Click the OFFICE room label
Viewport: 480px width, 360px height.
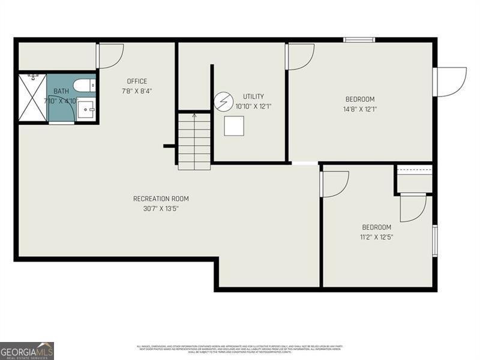[137, 82]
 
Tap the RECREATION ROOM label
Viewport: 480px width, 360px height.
[161, 199]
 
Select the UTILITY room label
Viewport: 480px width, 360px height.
[253, 97]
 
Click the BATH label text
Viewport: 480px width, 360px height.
[61, 91]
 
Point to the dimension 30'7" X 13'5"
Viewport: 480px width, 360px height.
[161, 209]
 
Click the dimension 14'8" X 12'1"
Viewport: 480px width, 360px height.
[360, 109]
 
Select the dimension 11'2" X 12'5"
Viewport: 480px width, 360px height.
[376, 237]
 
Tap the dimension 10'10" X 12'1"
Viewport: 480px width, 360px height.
[253, 106]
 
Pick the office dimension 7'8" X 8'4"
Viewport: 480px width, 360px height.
[137, 91]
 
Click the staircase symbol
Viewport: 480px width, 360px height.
[194, 141]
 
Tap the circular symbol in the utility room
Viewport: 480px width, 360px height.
[222, 101]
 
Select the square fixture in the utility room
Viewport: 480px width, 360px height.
[234, 126]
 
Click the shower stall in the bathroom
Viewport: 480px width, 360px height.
[32, 97]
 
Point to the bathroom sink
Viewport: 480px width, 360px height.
[86, 110]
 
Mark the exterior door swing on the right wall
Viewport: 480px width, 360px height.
[450, 82]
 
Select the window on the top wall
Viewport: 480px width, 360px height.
[359, 40]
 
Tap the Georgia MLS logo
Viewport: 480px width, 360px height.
[27, 350]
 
